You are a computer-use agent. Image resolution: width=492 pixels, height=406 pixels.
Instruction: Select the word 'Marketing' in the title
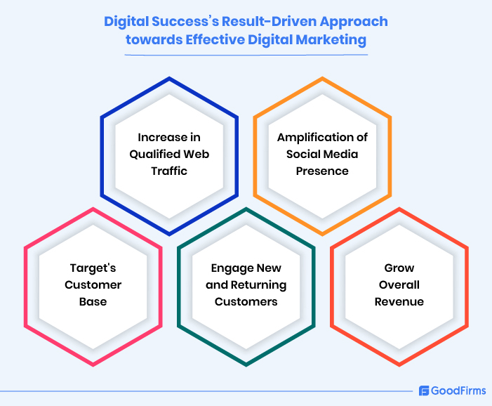pos(331,41)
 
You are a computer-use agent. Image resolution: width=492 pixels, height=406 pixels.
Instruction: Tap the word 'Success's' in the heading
pos(185,22)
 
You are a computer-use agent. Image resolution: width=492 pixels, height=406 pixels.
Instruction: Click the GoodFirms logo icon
pos(424,391)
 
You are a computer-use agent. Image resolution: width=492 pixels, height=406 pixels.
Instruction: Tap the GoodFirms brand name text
pos(458,391)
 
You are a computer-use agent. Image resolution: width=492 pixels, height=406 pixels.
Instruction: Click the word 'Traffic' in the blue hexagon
pos(169,171)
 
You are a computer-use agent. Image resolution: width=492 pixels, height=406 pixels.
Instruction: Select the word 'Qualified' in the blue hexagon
pos(155,155)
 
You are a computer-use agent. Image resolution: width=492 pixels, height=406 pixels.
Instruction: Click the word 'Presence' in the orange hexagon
pos(322,171)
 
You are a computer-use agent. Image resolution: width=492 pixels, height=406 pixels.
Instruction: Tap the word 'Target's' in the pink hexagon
pos(93,268)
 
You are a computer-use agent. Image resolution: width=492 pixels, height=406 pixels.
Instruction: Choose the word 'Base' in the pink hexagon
pos(93,302)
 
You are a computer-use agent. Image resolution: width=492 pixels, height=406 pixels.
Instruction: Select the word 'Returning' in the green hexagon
pos(258,285)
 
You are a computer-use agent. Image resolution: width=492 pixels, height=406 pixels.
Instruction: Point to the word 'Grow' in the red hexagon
pos(399,268)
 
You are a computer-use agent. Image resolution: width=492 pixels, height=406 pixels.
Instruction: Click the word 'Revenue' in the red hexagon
pos(399,302)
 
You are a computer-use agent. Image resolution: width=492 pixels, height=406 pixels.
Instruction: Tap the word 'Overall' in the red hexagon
pos(399,284)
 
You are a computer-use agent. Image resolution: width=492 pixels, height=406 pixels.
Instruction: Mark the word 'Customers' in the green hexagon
pos(246,302)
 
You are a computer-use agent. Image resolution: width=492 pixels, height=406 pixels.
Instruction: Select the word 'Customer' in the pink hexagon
pos(93,284)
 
